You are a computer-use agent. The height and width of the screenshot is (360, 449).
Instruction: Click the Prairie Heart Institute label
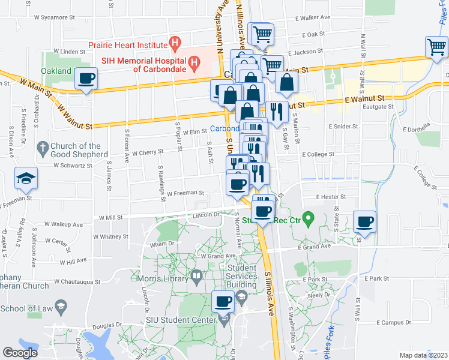(127, 44)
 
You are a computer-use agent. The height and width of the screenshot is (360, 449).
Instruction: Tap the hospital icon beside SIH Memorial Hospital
(194, 61)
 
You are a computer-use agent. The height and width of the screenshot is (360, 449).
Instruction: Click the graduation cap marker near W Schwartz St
(25, 179)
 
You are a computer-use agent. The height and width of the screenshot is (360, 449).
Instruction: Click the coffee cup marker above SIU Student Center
(224, 301)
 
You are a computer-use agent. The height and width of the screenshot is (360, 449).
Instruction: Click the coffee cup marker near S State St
(365, 222)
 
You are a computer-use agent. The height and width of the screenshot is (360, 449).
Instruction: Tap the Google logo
(20, 353)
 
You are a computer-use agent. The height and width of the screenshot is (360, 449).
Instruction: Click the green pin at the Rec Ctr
(308, 218)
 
